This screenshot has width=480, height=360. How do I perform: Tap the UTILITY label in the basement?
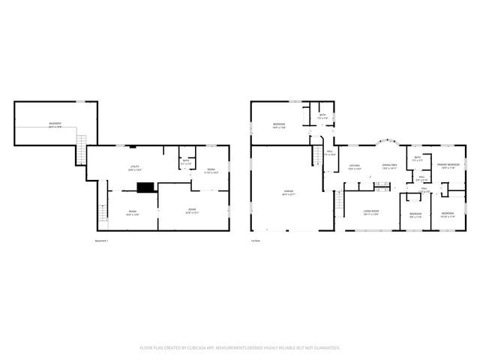coord(136,166)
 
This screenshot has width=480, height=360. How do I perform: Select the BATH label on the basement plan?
coord(186,162)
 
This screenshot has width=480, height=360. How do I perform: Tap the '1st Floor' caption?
coord(256,241)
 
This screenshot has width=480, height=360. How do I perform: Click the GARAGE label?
coord(288,192)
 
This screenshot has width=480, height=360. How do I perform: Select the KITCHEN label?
coord(355,166)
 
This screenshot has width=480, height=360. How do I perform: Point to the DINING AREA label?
coord(389,166)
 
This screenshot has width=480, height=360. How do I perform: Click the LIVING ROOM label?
coord(370,211)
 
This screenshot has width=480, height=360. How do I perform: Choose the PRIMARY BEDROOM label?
coord(448,165)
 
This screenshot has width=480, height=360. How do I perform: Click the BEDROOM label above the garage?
coord(278,124)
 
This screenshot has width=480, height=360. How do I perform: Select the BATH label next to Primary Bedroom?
coord(418,159)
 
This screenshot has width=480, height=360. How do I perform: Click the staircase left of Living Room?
coord(340,200)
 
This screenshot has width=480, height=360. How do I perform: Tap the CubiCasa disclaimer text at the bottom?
coord(240,348)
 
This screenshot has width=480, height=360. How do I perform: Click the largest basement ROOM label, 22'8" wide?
coord(192,210)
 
